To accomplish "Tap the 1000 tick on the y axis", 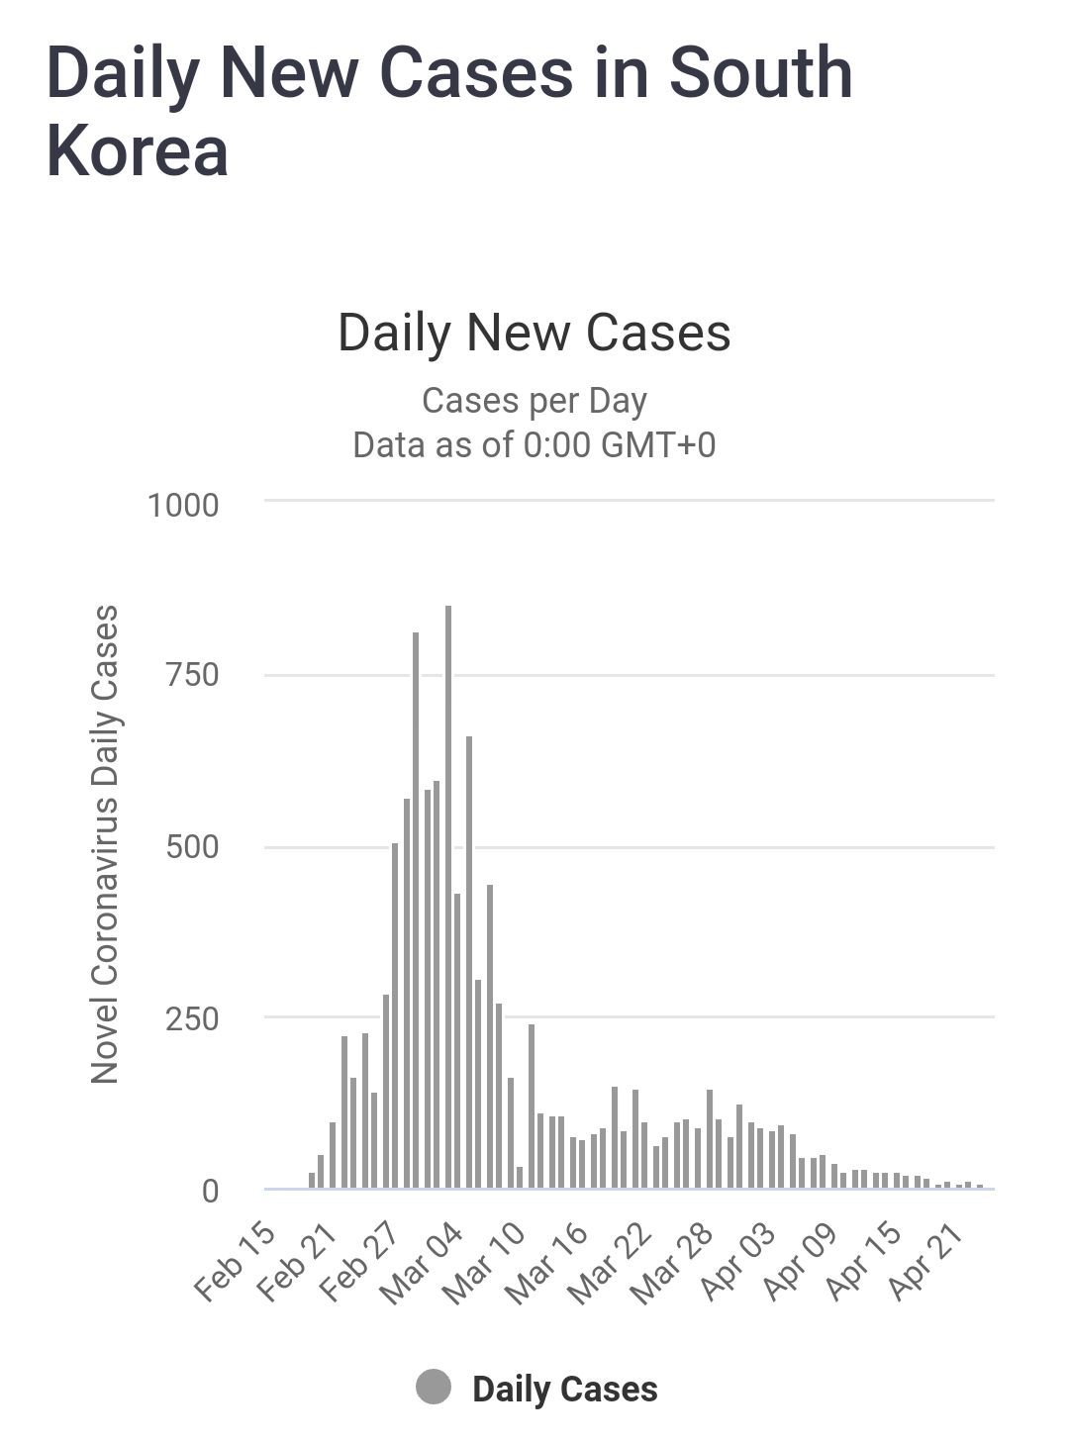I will pos(183,505).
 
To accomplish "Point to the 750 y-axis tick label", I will pos(192,675).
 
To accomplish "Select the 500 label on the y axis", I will pos(192,847).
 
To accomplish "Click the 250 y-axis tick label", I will pos(192,1018).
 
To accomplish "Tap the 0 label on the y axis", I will pos(210,1191).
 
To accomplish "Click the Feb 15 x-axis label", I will pos(236,1261).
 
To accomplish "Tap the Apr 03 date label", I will pos(739,1261).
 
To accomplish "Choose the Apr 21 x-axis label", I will pos(926,1261).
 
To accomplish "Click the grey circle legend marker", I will pos(434,1388).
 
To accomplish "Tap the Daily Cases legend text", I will pos(564,1389).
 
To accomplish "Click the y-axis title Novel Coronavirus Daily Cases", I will pos(105,844).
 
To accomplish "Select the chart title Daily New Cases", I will pos(534,333).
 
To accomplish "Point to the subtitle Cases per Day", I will pos(534,401).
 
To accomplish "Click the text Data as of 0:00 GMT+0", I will pos(534,445).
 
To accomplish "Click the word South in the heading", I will pos(760,73).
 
